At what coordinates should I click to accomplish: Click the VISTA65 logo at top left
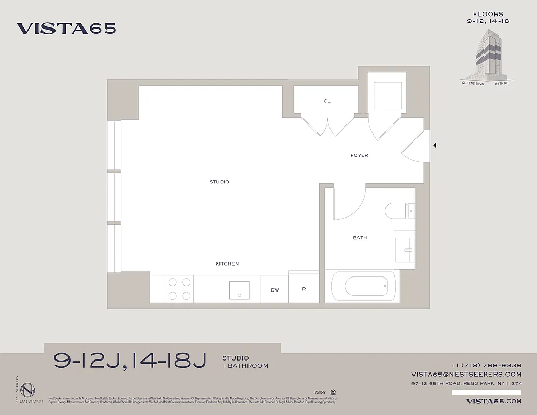(66, 29)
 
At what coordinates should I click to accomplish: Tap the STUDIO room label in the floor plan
(219, 182)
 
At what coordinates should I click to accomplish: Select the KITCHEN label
(227, 264)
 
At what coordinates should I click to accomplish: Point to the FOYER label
(359, 155)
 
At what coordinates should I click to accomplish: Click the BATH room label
(360, 238)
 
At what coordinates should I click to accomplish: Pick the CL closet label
(327, 101)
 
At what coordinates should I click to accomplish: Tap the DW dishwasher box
(275, 289)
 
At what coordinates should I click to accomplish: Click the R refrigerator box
(304, 288)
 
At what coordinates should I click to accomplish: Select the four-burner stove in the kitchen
(179, 289)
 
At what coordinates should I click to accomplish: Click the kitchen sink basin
(239, 290)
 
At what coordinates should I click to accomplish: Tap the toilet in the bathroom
(396, 211)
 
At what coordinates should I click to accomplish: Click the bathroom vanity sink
(404, 250)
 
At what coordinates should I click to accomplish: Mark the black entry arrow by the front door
(434, 146)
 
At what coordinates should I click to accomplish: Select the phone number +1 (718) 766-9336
(486, 365)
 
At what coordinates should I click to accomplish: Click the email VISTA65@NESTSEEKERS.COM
(466, 374)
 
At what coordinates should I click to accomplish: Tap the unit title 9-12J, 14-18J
(130, 361)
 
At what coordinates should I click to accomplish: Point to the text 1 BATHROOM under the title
(245, 366)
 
